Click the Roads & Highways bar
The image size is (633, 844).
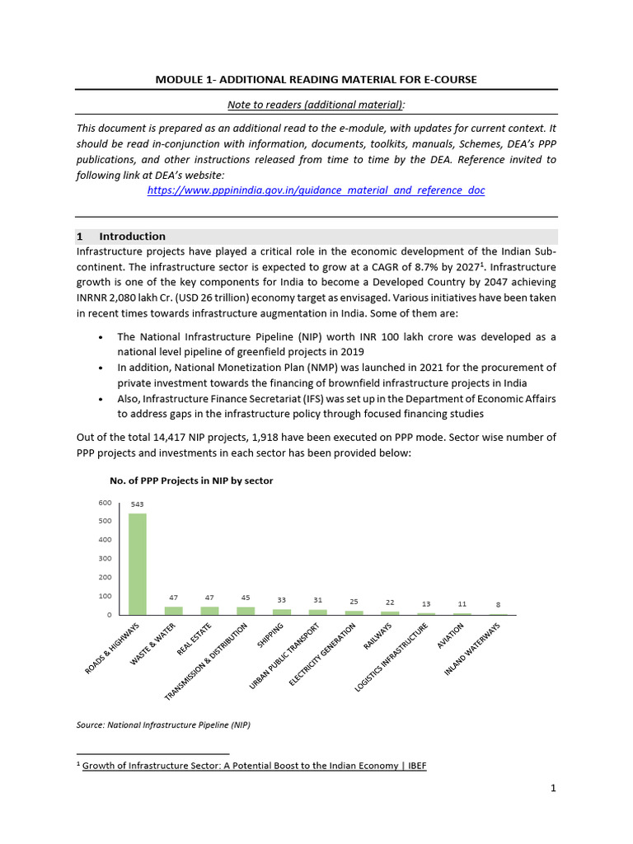pos(137,564)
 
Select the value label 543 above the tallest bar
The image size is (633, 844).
pos(137,504)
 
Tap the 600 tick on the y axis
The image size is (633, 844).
pos(105,503)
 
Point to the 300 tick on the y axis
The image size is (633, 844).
pos(105,559)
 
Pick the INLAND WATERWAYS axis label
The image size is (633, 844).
pos(473,650)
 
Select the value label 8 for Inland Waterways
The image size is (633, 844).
pos(498,604)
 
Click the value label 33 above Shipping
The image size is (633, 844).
pos(281,600)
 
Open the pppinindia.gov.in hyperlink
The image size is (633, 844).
pos(316,190)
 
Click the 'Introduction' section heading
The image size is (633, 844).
pos(132,237)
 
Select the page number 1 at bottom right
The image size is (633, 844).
pos(554,788)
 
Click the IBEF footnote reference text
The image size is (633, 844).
pos(255,766)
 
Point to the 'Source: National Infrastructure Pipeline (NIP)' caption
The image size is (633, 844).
pos(162,725)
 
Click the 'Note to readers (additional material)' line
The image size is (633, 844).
pos(316,104)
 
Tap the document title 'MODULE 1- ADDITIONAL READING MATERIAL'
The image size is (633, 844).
pos(316,79)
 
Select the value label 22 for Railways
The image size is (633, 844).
pos(389,603)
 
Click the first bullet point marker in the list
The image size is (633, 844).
pos(100,337)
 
